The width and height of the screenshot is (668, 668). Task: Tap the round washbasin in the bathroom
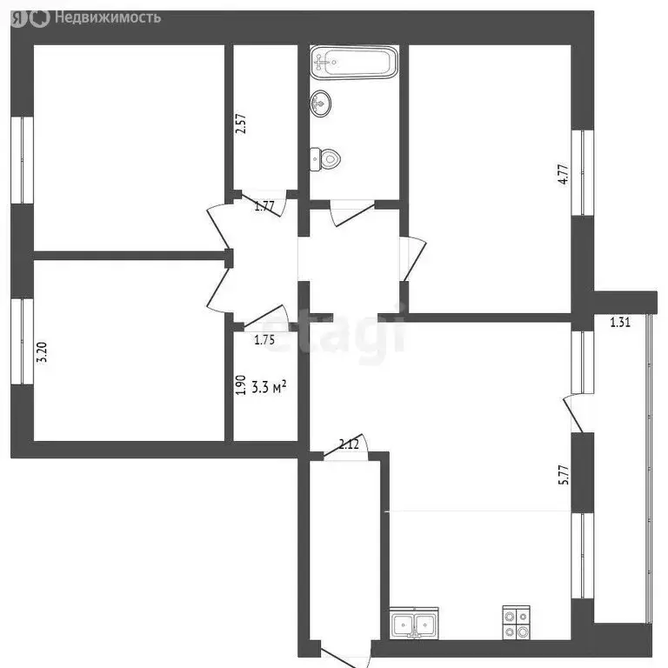[x=321, y=104]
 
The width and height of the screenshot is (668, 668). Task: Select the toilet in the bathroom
[x=327, y=159]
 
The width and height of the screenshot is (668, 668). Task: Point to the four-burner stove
[x=517, y=623]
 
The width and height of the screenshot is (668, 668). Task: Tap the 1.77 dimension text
[x=265, y=207]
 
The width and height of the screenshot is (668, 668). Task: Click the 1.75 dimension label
[x=265, y=341]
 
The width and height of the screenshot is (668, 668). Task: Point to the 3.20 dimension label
[x=40, y=353]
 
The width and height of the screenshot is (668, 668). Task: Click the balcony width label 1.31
[x=620, y=323]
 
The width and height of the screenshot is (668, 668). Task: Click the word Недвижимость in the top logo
[x=107, y=17]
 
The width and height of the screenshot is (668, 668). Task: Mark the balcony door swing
[x=573, y=413]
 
